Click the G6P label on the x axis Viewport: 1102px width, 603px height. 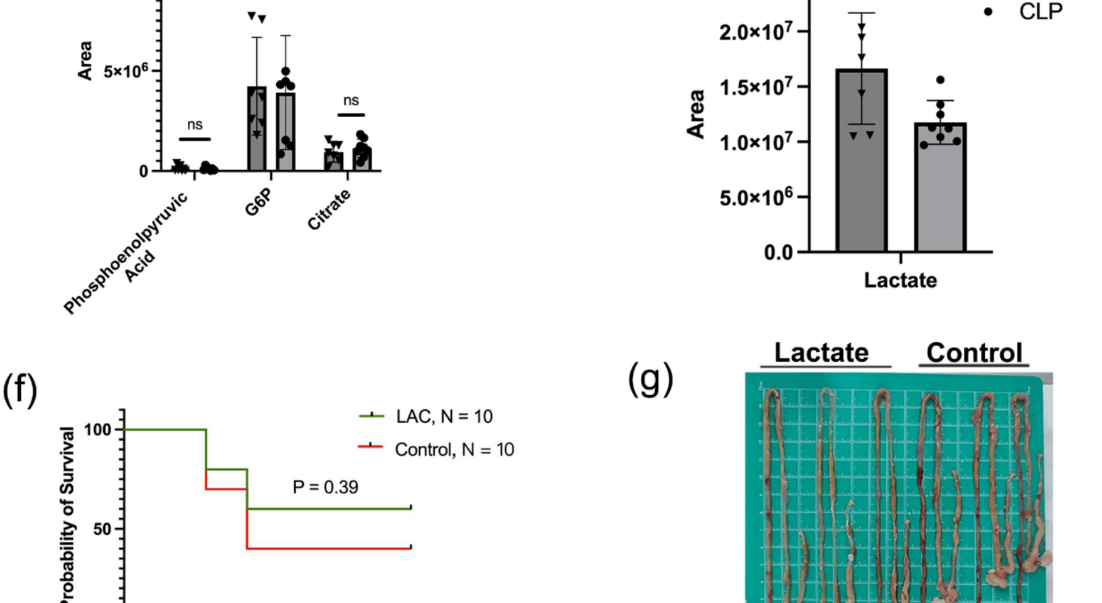[x=259, y=202]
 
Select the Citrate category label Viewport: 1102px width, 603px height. [x=329, y=210]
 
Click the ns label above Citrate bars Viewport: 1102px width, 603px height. [x=351, y=101]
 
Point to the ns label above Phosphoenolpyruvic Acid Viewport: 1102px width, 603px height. [x=195, y=125]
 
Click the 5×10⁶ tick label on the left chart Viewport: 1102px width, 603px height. [x=125, y=71]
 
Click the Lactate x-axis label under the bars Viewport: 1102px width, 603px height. [x=900, y=280]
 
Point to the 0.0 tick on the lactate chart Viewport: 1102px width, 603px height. [x=779, y=253]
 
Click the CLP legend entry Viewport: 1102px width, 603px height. [x=1040, y=12]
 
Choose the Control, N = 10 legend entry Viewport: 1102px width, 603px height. [x=454, y=450]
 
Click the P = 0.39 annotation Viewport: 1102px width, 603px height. [x=325, y=487]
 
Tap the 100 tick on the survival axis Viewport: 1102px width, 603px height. [x=98, y=430]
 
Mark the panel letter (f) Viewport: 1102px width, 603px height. [x=20, y=390]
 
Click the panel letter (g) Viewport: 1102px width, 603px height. [x=650, y=380]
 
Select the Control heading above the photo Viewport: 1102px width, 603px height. [x=974, y=353]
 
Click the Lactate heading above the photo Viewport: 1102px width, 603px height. [x=821, y=353]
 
